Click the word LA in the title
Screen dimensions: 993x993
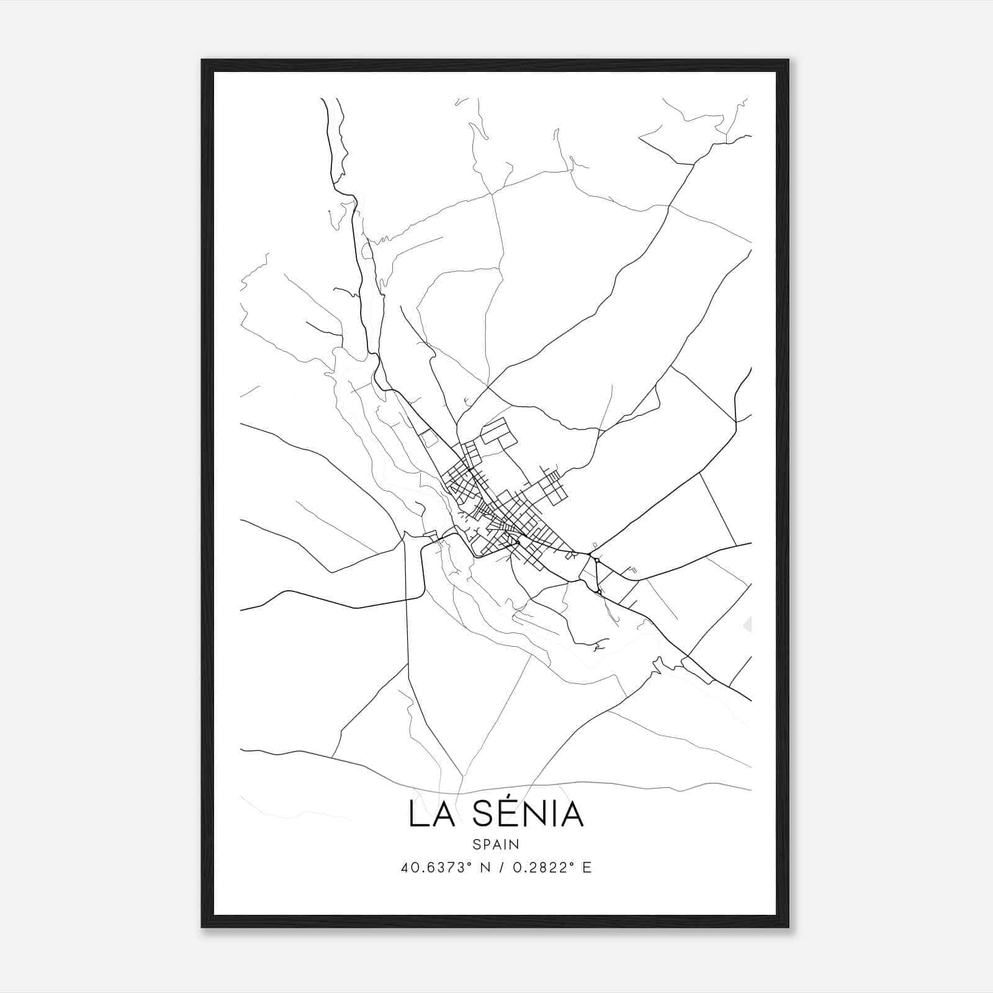click(x=436, y=815)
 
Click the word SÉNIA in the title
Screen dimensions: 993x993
click(x=528, y=815)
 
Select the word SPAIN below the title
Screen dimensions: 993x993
click(x=496, y=845)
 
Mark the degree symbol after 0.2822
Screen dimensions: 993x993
click(x=572, y=864)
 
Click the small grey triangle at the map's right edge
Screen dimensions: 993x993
click(x=748, y=624)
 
